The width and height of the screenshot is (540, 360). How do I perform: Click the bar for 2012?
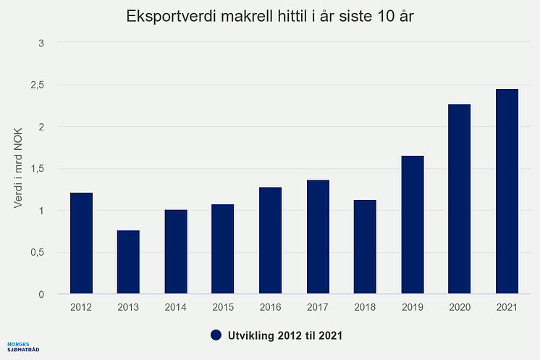81,243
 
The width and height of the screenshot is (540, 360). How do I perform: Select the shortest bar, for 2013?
128,262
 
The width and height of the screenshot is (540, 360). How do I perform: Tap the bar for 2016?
270,240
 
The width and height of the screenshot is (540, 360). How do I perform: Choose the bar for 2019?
412,225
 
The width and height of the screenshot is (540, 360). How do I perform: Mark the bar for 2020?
459,199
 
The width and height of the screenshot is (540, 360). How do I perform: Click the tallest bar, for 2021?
507,192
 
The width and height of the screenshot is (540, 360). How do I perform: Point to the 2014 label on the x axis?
176,307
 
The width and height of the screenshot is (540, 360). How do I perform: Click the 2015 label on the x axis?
223,307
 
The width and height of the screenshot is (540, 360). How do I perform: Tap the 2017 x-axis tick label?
318,307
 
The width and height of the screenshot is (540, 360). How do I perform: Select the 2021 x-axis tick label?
507,307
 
